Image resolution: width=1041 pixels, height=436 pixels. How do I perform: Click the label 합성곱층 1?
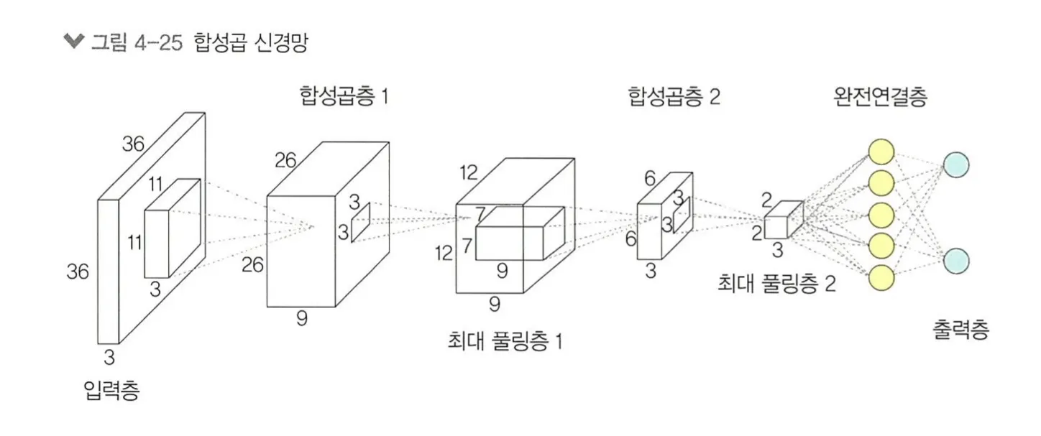(344, 96)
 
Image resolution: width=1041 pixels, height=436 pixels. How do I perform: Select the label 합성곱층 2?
(672, 97)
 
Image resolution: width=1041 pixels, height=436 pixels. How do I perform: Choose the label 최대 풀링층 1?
(504, 341)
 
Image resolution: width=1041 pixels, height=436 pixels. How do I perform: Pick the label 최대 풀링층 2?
(776, 284)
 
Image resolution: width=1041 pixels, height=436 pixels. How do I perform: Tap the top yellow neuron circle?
(881, 152)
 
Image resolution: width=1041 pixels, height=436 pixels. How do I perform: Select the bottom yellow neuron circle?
(881, 277)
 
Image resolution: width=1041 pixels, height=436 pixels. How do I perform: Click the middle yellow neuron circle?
(881, 214)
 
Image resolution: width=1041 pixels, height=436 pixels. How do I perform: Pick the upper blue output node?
(955, 164)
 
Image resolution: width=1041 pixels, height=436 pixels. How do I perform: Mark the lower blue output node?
(955, 260)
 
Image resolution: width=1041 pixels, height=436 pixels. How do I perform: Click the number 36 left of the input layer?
(78, 272)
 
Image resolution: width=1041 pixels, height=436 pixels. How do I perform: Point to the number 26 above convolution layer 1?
(285, 160)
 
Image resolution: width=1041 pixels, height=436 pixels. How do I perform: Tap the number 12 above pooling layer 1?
(469, 172)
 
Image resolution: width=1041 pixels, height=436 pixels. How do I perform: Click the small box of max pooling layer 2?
(782, 221)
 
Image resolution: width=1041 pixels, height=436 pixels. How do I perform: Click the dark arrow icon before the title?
(73, 42)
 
